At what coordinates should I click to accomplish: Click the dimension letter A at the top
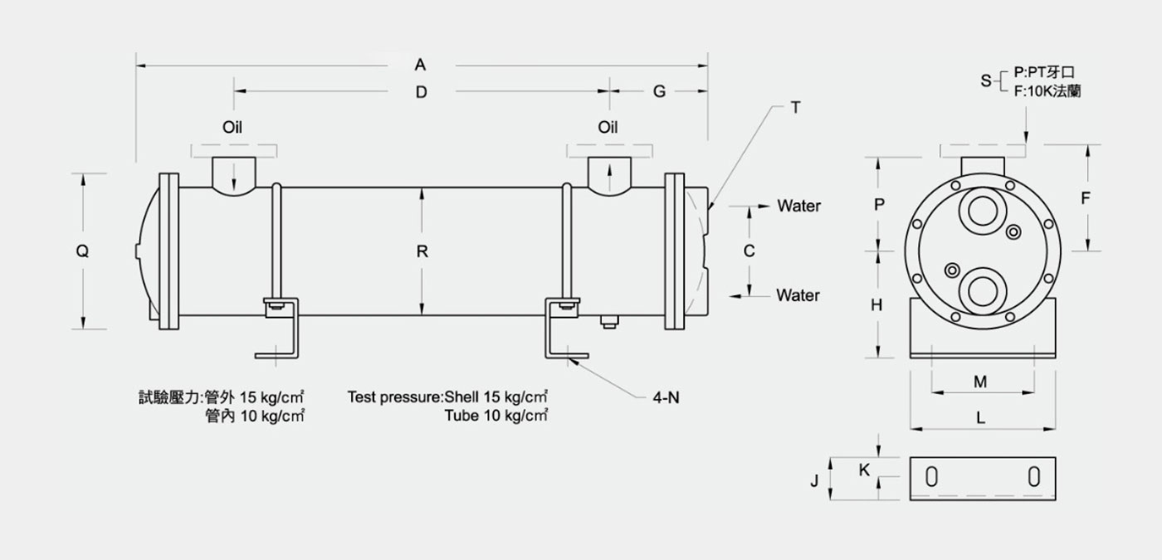[420, 65]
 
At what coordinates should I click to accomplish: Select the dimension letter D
[422, 92]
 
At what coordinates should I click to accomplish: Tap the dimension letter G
[659, 92]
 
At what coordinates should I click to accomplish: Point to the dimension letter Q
[82, 251]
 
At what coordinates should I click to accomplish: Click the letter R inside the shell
[422, 251]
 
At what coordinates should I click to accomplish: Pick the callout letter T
[795, 108]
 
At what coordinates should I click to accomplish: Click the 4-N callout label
[666, 397]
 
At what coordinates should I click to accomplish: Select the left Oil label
[232, 127]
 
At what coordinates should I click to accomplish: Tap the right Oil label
[608, 127]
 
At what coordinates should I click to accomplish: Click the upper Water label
[798, 206]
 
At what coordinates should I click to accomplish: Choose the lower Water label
[798, 295]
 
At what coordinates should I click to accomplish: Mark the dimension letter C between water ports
[749, 251]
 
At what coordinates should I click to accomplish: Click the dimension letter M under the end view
[980, 382]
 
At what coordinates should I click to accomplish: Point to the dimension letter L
[980, 418]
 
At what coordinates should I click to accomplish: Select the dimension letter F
[1086, 198]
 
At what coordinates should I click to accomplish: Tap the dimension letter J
[814, 481]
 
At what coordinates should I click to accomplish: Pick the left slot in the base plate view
[931, 477]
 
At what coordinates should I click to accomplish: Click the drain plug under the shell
[609, 322]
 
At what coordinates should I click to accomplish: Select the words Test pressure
[394, 397]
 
